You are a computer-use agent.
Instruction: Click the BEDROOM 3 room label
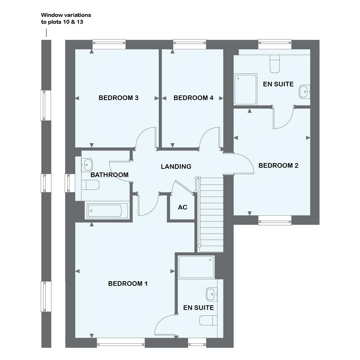pos(119,98)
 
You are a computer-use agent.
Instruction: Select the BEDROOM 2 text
pos(278,166)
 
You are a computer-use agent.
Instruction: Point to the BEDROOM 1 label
pos(128,284)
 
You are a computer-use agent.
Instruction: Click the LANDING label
pos(176,167)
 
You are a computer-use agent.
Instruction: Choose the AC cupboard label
pos(183,208)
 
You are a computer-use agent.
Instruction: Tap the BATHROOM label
pos(109,175)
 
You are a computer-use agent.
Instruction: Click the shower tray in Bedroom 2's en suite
pos(246,90)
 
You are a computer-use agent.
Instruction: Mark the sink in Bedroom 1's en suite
pos(212,294)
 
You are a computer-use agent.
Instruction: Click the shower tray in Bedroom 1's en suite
pos(196,267)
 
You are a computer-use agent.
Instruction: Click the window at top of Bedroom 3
pos(109,44)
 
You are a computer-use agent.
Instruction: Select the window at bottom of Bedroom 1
pos(121,342)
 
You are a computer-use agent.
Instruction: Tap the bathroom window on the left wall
pos(68,183)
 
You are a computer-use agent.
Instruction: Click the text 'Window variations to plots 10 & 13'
pos(66,18)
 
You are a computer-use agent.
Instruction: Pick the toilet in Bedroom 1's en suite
pos(209,320)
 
